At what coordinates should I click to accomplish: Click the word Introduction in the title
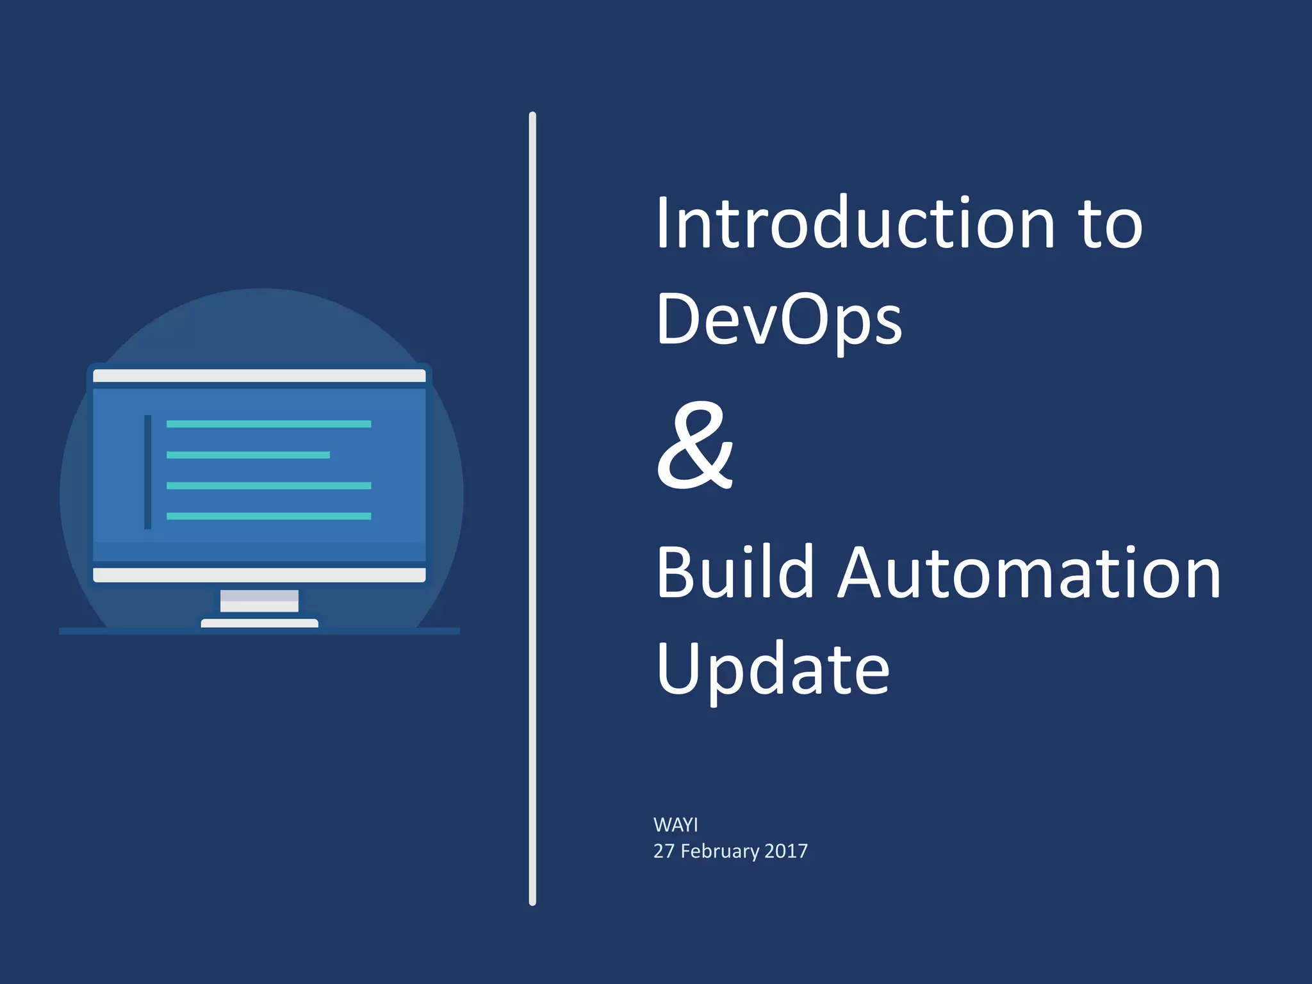click(x=855, y=223)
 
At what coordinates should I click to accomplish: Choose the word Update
click(x=773, y=669)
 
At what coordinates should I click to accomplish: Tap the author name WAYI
click(x=675, y=824)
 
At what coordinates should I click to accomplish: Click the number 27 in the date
click(x=664, y=851)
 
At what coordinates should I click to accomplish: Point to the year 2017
click(x=786, y=851)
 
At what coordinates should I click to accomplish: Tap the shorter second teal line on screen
click(x=248, y=455)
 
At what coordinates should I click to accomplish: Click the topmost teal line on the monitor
click(x=268, y=424)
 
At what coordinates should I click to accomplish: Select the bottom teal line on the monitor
click(x=268, y=516)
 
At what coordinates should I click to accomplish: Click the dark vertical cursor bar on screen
click(x=148, y=471)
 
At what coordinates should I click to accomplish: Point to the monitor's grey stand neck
click(x=259, y=601)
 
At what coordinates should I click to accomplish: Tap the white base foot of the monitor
click(x=259, y=623)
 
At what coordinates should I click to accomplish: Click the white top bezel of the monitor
click(x=259, y=376)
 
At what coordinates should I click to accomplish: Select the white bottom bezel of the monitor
click(x=259, y=575)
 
